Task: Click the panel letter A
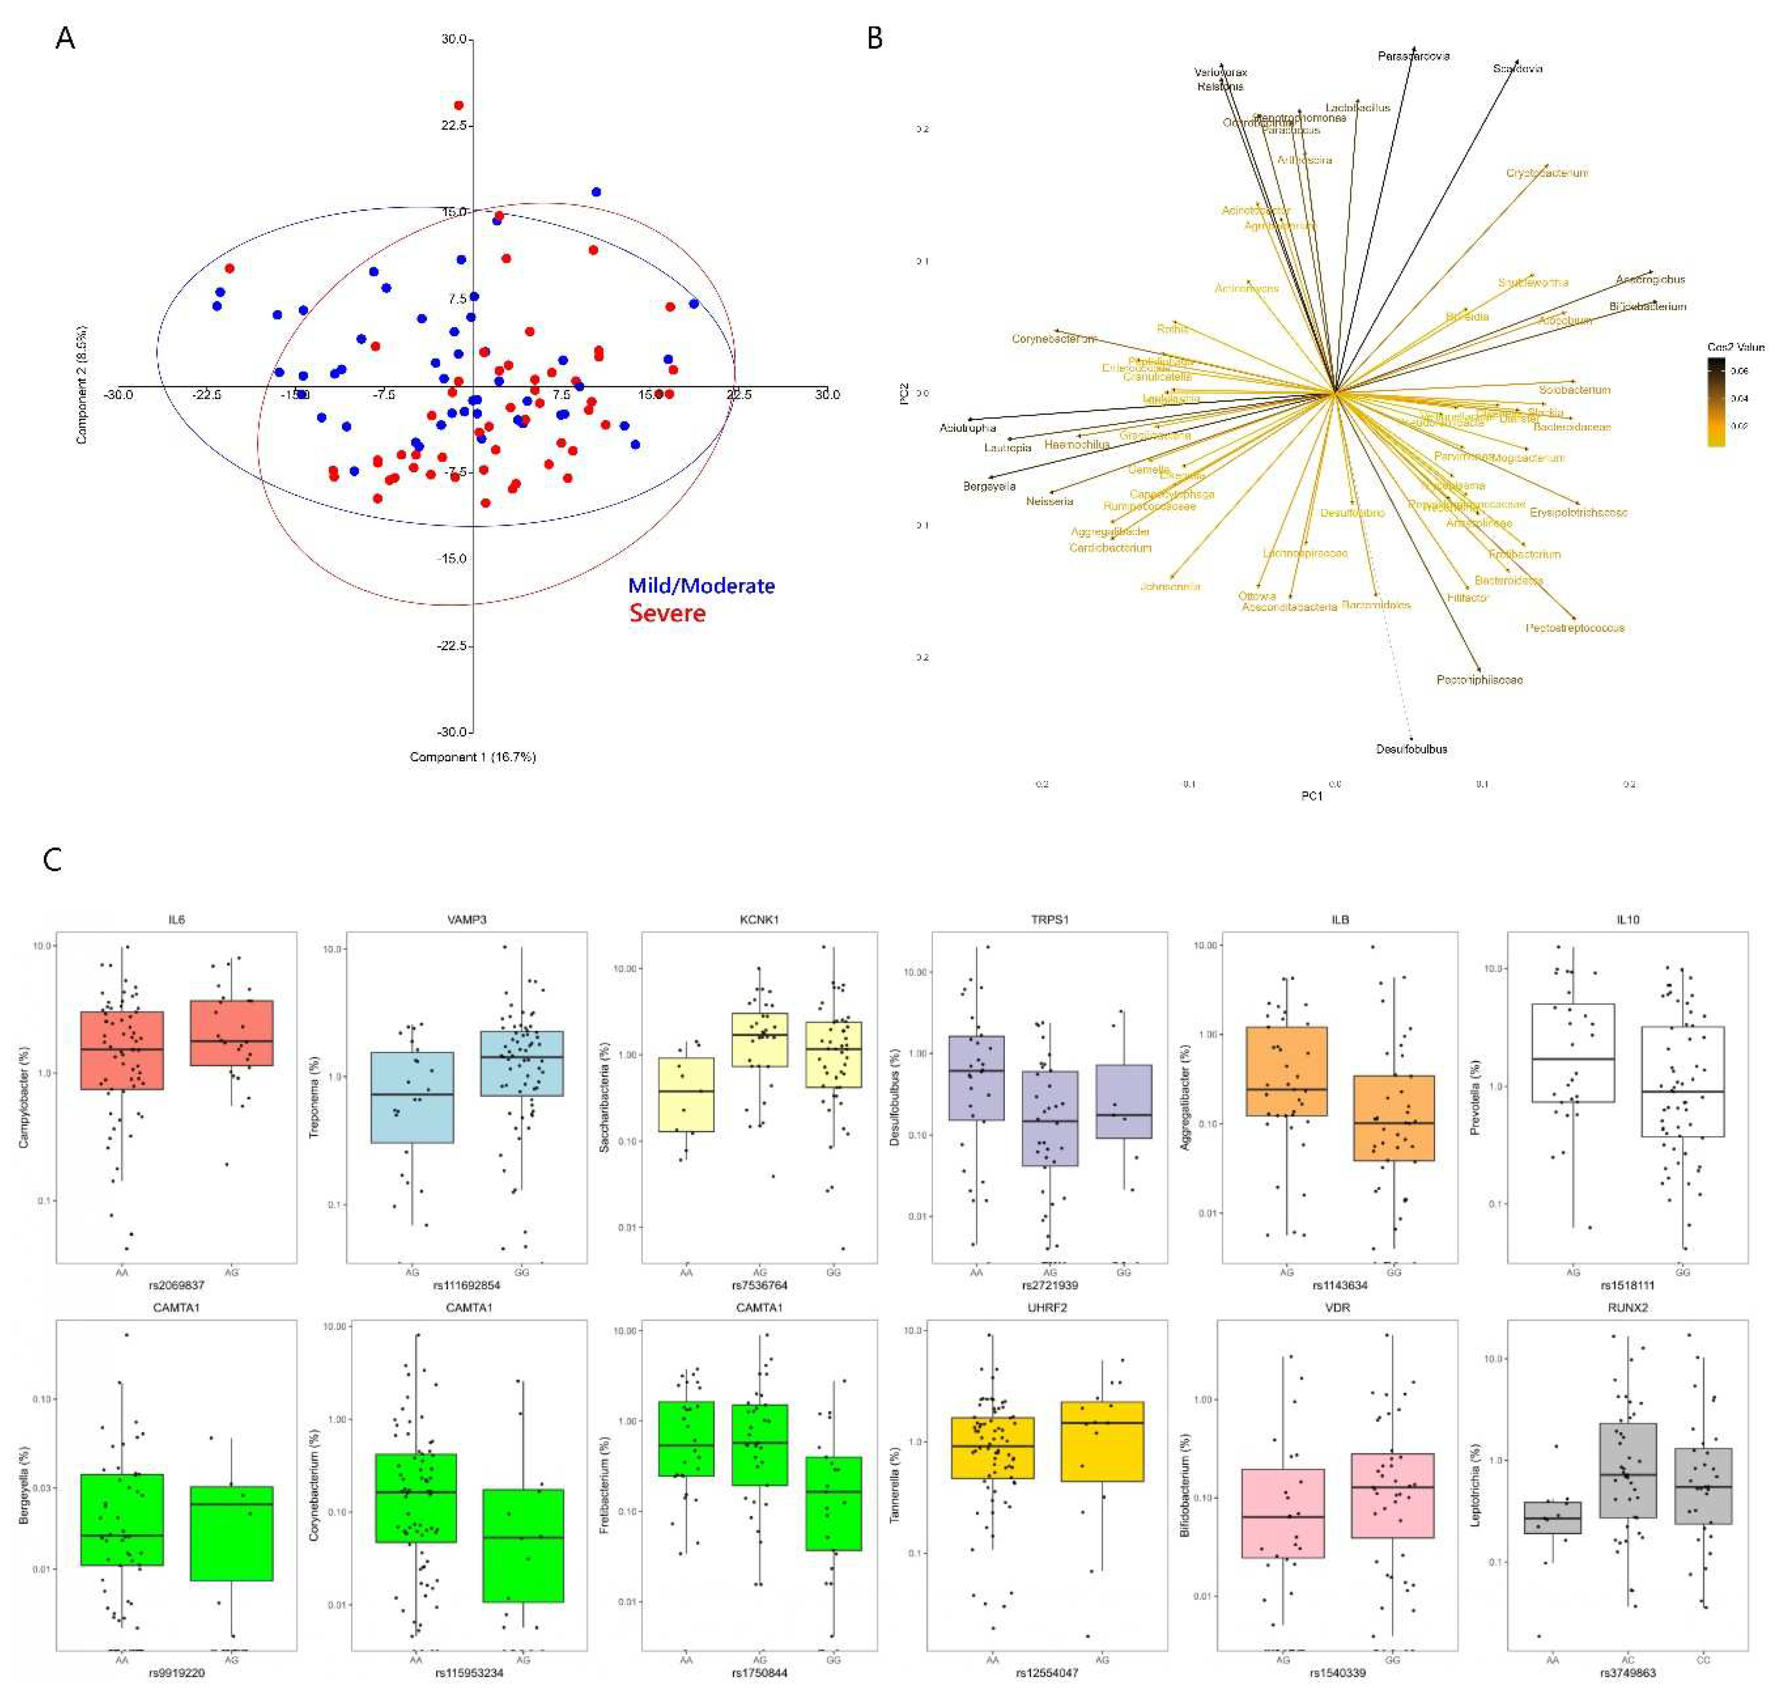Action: [x=65, y=39]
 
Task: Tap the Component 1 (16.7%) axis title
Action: [x=472, y=757]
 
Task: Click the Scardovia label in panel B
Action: [x=1517, y=68]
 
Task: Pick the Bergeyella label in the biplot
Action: [x=989, y=486]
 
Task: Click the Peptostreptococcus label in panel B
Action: [x=1575, y=627]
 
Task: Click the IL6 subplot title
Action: [x=177, y=919]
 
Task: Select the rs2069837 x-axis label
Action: [x=177, y=1285]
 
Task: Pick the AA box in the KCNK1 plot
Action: [x=686, y=1094]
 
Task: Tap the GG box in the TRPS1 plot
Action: [x=1124, y=1101]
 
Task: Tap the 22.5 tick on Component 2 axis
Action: [x=453, y=126]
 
